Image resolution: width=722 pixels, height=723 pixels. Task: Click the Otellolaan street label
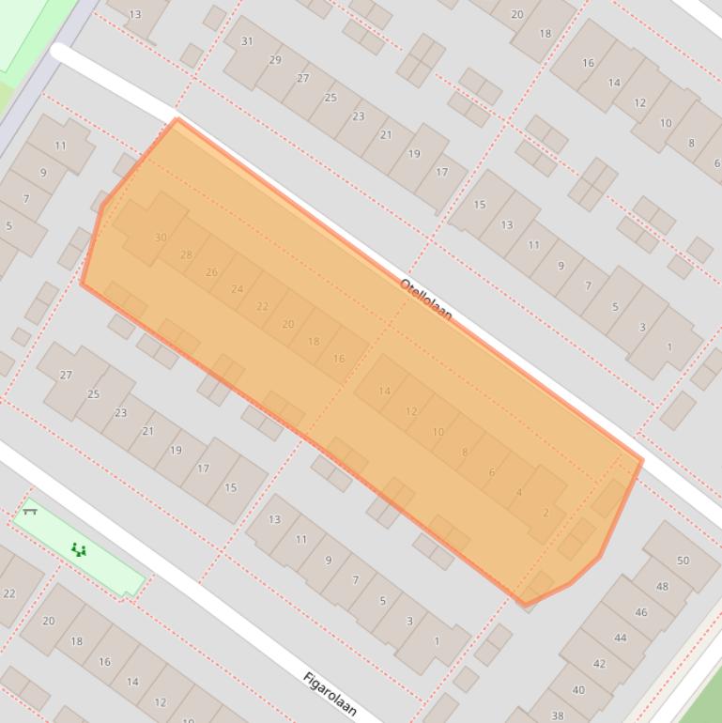(425, 299)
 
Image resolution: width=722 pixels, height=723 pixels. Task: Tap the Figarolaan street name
(330, 694)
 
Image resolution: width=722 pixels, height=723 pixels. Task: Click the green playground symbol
(79, 549)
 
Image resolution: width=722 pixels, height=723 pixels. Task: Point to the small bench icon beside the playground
(30, 512)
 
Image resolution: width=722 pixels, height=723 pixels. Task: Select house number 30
(161, 238)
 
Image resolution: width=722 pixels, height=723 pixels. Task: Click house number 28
(186, 254)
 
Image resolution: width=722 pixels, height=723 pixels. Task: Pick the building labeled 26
(211, 272)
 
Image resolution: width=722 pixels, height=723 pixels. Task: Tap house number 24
(237, 289)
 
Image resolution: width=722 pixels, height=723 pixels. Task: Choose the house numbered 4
(518, 492)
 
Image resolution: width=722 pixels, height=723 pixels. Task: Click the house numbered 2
(545, 513)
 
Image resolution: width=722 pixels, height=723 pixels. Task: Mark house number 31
(247, 41)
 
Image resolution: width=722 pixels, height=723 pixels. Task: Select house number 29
(275, 60)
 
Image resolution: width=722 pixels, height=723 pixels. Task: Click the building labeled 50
(683, 561)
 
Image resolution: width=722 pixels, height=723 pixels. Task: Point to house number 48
(662, 586)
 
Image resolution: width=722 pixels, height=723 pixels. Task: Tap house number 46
(640, 612)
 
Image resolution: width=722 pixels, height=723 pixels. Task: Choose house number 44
(620, 638)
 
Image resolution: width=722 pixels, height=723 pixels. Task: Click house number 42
(599, 664)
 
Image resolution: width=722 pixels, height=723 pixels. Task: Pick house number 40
(578, 690)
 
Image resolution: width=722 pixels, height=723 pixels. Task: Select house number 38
(558, 715)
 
